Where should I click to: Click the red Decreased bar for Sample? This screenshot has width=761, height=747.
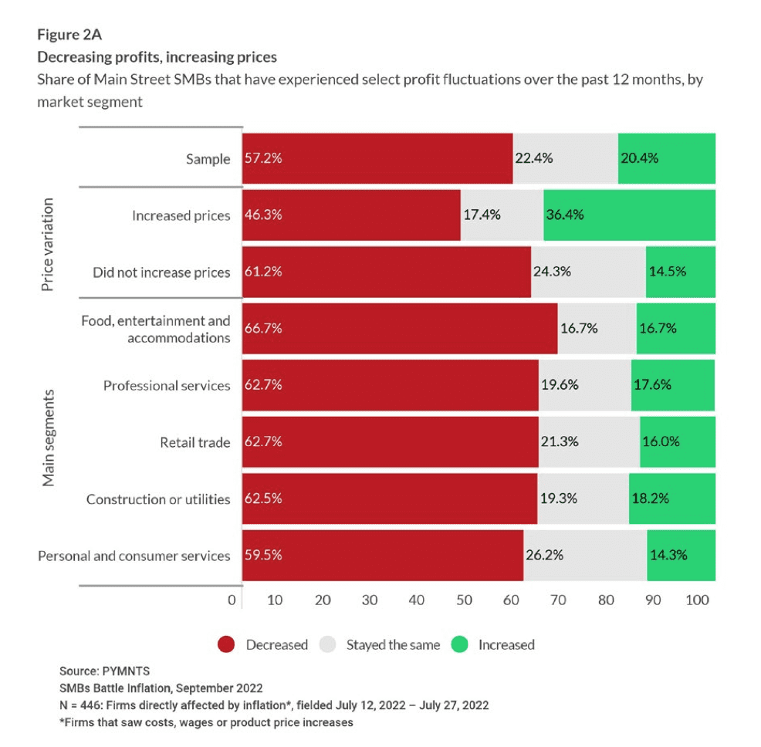[377, 158]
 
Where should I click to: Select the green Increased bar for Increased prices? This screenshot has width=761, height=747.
[629, 215]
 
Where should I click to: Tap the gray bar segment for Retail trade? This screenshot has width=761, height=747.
[589, 442]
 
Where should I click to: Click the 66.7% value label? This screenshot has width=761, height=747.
[263, 328]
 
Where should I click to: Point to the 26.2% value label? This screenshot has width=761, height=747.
[545, 555]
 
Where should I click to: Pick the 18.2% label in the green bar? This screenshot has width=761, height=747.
[650, 499]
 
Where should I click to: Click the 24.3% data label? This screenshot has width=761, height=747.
[551, 272]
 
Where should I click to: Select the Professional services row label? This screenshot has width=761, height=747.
[167, 385]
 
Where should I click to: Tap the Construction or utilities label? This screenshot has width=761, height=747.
[158, 499]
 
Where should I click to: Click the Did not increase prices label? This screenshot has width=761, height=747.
[161, 272]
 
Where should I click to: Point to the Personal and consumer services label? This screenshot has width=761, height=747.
[134, 556]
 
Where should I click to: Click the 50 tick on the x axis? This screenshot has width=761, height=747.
[464, 600]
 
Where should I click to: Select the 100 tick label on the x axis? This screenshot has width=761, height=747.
[697, 600]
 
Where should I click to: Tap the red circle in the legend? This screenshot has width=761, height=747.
[226, 644]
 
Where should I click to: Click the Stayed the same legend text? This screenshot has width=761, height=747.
[392, 644]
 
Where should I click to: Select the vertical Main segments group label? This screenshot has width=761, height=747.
[48, 438]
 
